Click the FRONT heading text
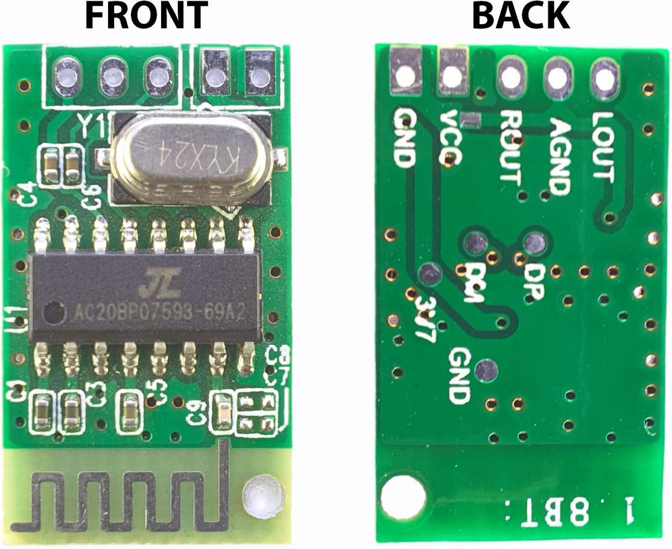(x=147, y=16)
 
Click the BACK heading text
(x=521, y=16)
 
